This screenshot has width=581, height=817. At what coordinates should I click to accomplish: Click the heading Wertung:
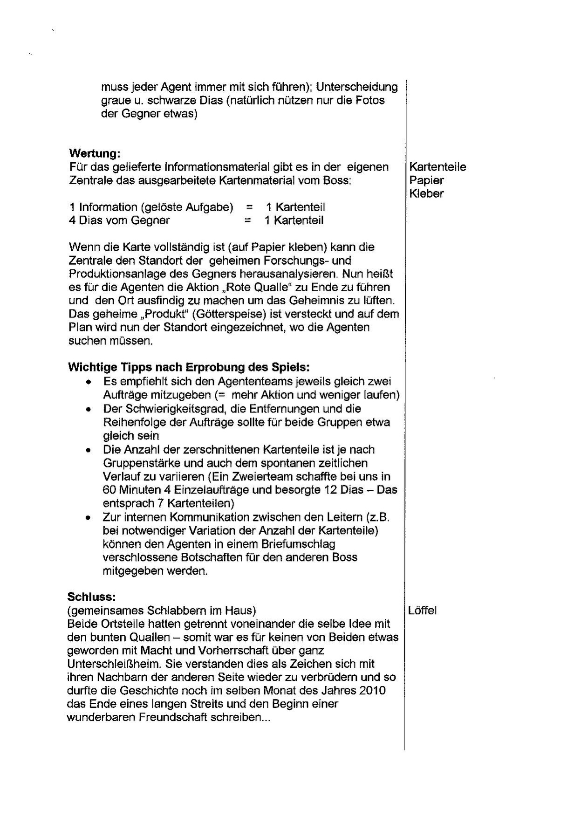point(95,153)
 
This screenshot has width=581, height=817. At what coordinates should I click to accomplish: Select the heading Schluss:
point(91,597)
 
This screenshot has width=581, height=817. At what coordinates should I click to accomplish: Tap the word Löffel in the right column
point(422,611)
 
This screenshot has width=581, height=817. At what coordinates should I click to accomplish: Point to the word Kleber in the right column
point(426,193)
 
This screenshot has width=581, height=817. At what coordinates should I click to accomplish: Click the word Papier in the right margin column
point(426,180)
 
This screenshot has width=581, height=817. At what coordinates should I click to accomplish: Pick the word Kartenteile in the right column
point(437,167)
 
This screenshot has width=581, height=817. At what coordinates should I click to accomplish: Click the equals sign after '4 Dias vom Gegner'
point(247,220)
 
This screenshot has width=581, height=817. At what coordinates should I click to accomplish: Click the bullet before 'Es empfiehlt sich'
point(88,382)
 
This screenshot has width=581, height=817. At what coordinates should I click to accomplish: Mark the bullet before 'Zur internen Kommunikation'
point(88,517)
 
